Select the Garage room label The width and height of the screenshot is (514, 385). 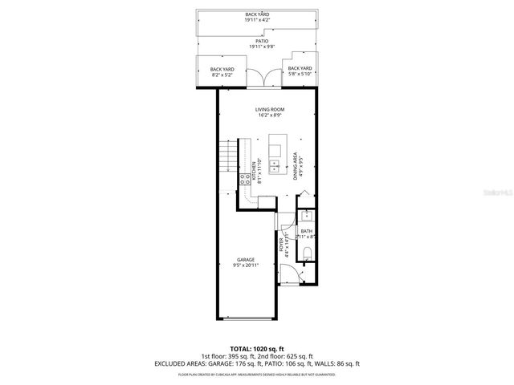pos(247,260)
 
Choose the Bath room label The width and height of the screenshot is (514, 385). pos(306,233)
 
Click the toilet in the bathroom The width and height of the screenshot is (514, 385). pos(308,254)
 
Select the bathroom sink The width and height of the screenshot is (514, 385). pos(306,216)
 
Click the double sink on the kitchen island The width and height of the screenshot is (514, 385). pos(275,167)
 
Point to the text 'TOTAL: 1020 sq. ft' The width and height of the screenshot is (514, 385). pos(256,349)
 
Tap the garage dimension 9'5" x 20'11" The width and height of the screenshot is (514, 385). pos(247,265)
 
